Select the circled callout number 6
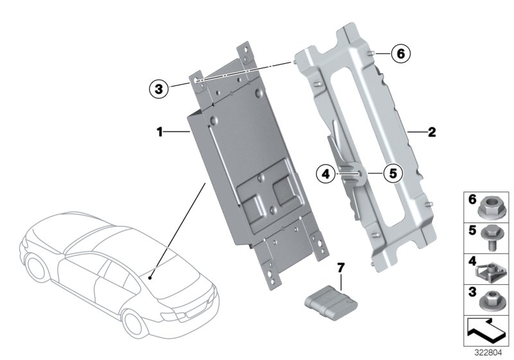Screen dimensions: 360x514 (x=399, y=54)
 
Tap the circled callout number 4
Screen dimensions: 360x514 (x=326, y=172)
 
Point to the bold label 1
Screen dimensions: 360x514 (x=159, y=132)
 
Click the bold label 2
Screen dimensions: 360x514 (x=432, y=132)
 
